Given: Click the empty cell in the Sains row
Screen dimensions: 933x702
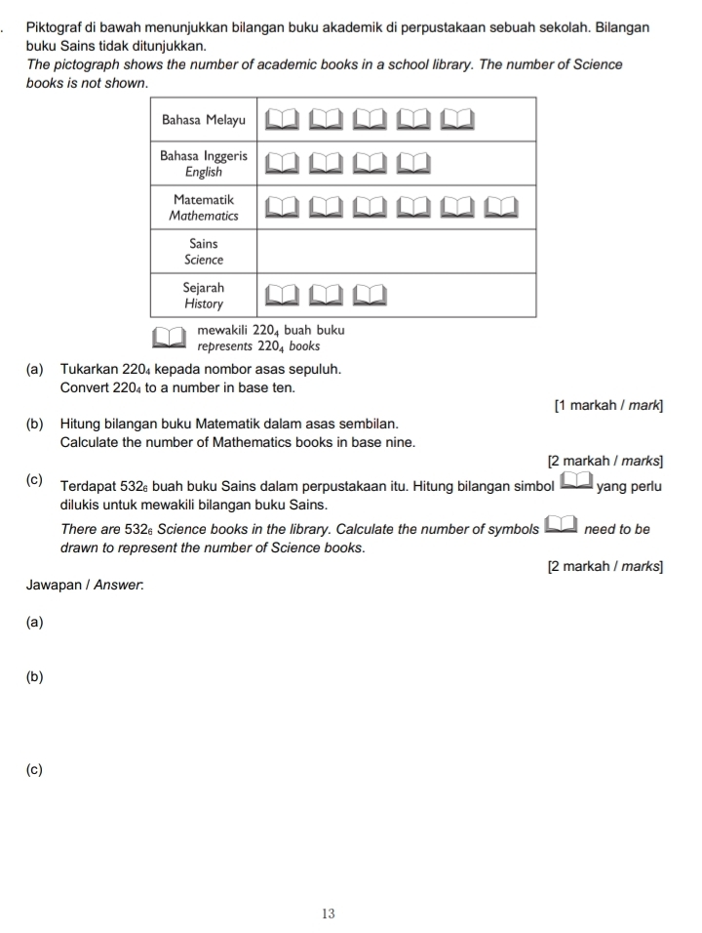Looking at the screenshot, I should [396, 251].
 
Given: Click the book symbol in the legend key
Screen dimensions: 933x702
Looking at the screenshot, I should [172, 337].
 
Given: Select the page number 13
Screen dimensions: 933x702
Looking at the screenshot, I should [328, 913].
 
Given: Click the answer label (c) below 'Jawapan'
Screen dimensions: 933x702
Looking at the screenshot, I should [35, 770].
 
